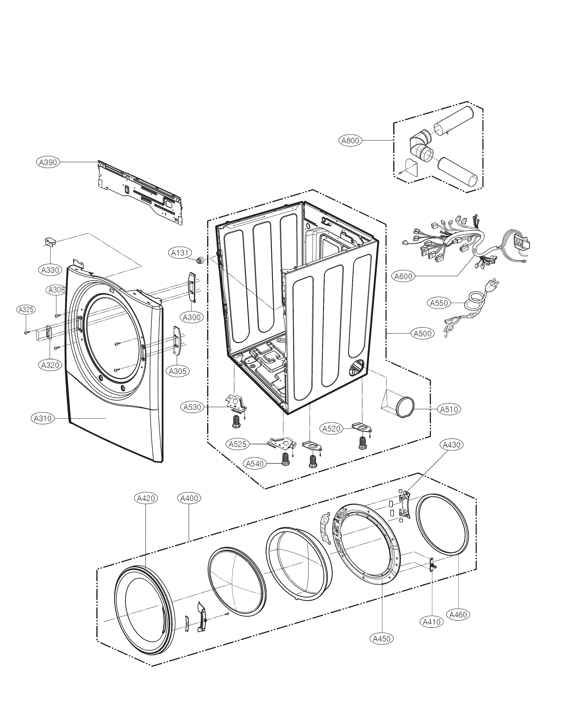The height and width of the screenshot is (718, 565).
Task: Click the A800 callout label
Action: click(x=350, y=140)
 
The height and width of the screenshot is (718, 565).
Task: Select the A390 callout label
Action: click(x=48, y=162)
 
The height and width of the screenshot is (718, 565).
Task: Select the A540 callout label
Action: click(x=255, y=464)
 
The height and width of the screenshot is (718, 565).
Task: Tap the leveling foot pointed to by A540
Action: click(x=285, y=459)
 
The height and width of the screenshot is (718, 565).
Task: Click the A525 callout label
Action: click(x=238, y=444)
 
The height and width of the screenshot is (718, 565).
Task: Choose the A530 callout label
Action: click(x=193, y=407)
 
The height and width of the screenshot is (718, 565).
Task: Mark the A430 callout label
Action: click(x=452, y=445)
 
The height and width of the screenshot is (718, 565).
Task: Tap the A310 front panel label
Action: click(x=43, y=418)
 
